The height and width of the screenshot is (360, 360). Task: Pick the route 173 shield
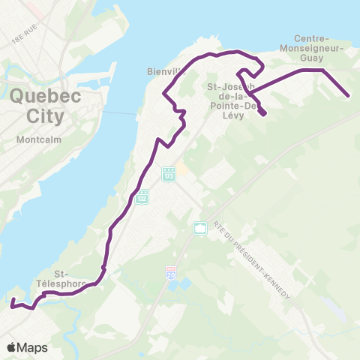pyautogui.click(x=169, y=173)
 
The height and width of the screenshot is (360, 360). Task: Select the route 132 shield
pyautogui.click(x=142, y=196)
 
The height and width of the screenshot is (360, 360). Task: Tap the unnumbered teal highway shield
pyautogui.click(x=200, y=227)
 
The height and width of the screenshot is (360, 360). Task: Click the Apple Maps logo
pyautogui.click(x=27, y=347)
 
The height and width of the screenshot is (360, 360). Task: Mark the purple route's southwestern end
pyautogui.click(x=12, y=304)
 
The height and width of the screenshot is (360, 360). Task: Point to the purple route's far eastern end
pyautogui.click(x=349, y=96)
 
